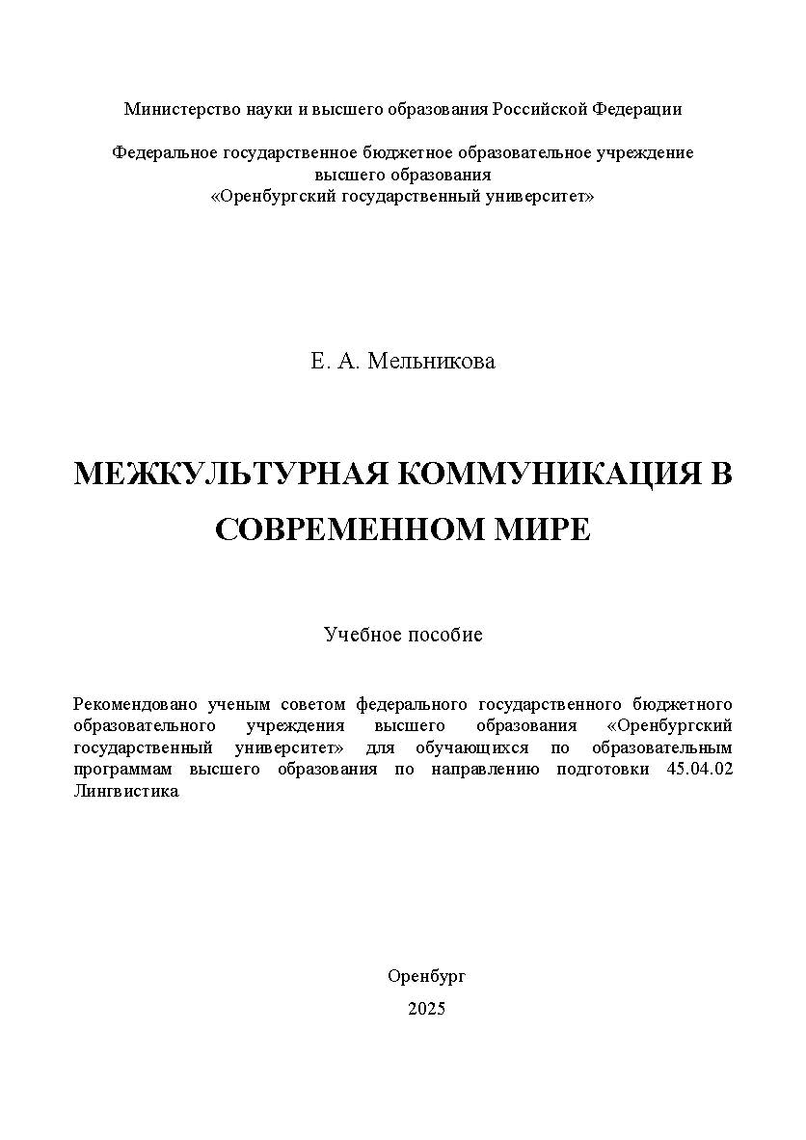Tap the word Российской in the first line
(x=540, y=109)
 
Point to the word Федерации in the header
(x=637, y=109)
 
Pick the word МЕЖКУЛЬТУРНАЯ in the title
(x=231, y=475)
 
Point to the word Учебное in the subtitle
(x=359, y=635)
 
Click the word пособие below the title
(x=443, y=635)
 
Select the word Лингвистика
(x=126, y=791)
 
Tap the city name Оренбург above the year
(x=427, y=976)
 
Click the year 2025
(x=427, y=1009)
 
